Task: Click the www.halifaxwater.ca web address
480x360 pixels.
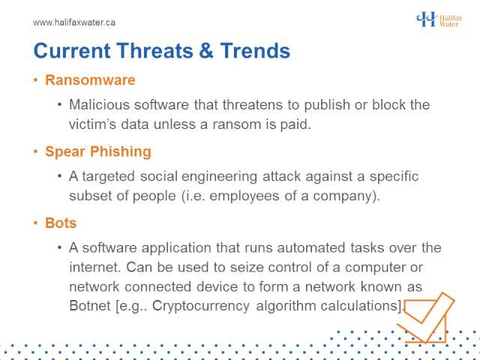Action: pyautogui.click(x=74, y=22)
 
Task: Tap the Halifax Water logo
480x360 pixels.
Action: pyautogui.click(x=439, y=19)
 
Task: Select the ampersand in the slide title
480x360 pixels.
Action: pyautogui.click(x=206, y=50)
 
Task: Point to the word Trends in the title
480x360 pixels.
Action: pyautogui.click(x=255, y=50)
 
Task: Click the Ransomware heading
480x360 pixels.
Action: pyautogui.click(x=90, y=80)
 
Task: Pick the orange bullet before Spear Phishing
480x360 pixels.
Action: pyautogui.click(x=36, y=151)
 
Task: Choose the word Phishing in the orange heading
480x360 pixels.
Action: pyautogui.click(x=121, y=151)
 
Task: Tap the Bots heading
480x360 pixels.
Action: pyautogui.click(x=61, y=223)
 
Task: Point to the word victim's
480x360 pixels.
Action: pyautogui.click(x=92, y=124)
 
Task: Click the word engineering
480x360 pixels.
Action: pyautogui.click(x=219, y=177)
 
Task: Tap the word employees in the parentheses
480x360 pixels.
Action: pyautogui.click(x=244, y=196)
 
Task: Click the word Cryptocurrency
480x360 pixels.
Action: pyautogui.click(x=201, y=306)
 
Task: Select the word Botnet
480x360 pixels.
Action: pyautogui.click(x=90, y=305)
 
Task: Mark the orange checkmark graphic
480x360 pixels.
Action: pyautogui.click(x=425, y=318)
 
